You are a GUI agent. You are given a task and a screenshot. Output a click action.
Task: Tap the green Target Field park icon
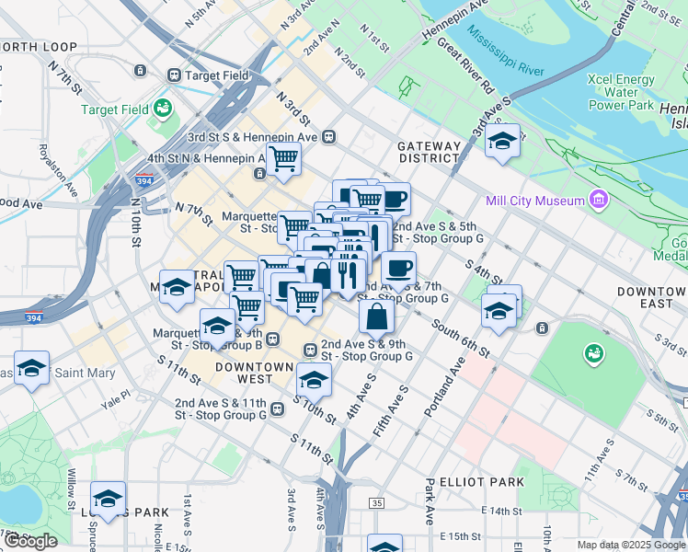click(x=164, y=109)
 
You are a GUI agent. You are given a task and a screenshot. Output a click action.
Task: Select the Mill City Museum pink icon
click(x=599, y=200)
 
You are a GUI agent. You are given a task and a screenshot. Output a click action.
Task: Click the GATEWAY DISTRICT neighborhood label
click(x=429, y=152)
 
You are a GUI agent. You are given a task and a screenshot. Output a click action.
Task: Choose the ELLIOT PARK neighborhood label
click(x=481, y=481)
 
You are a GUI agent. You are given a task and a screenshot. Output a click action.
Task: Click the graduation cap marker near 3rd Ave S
click(x=502, y=141)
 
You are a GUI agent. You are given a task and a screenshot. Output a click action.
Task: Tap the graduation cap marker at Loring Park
click(x=109, y=499)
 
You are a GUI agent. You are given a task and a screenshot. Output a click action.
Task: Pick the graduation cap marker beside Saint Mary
click(x=31, y=368)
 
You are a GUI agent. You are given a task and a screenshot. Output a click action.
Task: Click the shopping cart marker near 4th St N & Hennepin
click(x=284, y=158)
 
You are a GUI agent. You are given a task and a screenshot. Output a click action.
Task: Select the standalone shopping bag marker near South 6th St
click(x=377, y=316)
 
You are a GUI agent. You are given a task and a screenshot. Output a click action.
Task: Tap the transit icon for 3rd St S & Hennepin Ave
click(x=328, y=137)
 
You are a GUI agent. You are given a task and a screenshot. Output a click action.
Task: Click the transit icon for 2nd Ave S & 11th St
click(x=276, y=408)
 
